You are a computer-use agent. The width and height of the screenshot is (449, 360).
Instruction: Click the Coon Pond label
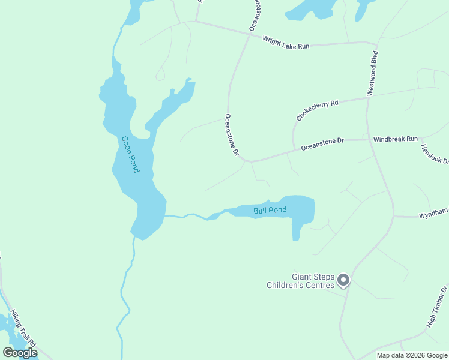(130, 154)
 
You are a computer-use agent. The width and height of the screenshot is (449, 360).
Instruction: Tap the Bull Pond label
(270, 211)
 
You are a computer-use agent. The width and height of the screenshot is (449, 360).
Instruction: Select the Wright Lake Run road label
(286, 43)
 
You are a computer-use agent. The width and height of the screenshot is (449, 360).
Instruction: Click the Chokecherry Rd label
(317, 110)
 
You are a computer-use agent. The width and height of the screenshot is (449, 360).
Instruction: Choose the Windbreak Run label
(395, 139)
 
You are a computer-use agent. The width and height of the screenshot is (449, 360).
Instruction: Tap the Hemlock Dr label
(435, 154)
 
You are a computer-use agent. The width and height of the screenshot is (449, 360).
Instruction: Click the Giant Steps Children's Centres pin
(343, 280)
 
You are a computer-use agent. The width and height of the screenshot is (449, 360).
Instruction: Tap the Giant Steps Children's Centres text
(304, 281)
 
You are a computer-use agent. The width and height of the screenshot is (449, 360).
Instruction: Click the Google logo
(20, 353)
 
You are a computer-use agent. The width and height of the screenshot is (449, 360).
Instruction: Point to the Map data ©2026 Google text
(412, 355)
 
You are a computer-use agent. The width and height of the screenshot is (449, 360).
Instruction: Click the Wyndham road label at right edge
(433, 213)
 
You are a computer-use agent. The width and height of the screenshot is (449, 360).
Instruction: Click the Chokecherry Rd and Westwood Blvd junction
(366, 98)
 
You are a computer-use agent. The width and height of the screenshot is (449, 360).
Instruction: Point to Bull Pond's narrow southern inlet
(295, 232)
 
